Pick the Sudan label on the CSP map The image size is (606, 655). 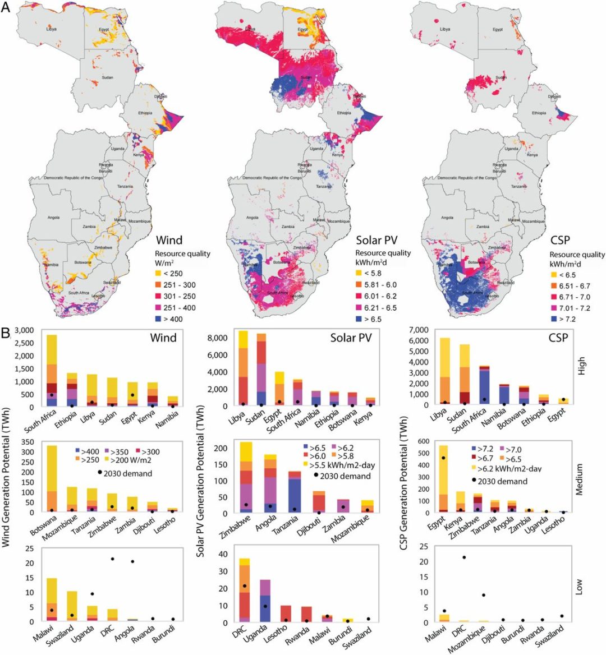(501, 78)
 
